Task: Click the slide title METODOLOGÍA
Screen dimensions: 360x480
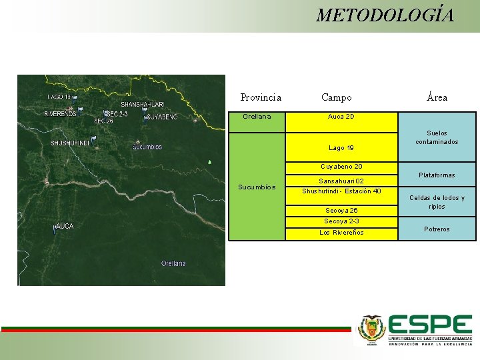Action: (385, 15)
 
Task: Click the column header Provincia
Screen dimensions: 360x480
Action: (261, 97)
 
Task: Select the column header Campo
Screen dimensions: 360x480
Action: (336, 97)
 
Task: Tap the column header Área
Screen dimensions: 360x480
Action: (437, 97)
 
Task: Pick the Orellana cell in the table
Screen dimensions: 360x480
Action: (257, 117)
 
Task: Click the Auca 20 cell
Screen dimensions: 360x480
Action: (341, 117)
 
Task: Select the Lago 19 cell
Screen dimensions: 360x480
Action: (341, 147)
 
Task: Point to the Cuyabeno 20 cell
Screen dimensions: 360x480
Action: (341, 167)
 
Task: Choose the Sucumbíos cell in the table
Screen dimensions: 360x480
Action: (257, 187)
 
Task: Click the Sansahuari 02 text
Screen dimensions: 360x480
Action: (341, 181)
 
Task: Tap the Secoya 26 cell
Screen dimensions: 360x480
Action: (341, 211)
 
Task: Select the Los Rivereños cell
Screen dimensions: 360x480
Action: (341, 233)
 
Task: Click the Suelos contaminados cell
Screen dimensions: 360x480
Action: (437, 137)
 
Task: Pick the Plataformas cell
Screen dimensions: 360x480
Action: (437, 175)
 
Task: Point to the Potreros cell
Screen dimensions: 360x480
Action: (437, 229)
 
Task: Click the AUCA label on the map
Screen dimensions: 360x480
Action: (65, 227)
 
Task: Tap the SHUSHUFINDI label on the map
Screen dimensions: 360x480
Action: (70, 143)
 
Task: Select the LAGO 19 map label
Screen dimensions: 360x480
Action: (59, 97)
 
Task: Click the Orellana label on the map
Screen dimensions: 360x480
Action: (173, 263)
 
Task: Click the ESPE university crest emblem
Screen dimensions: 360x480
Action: (371, 329)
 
